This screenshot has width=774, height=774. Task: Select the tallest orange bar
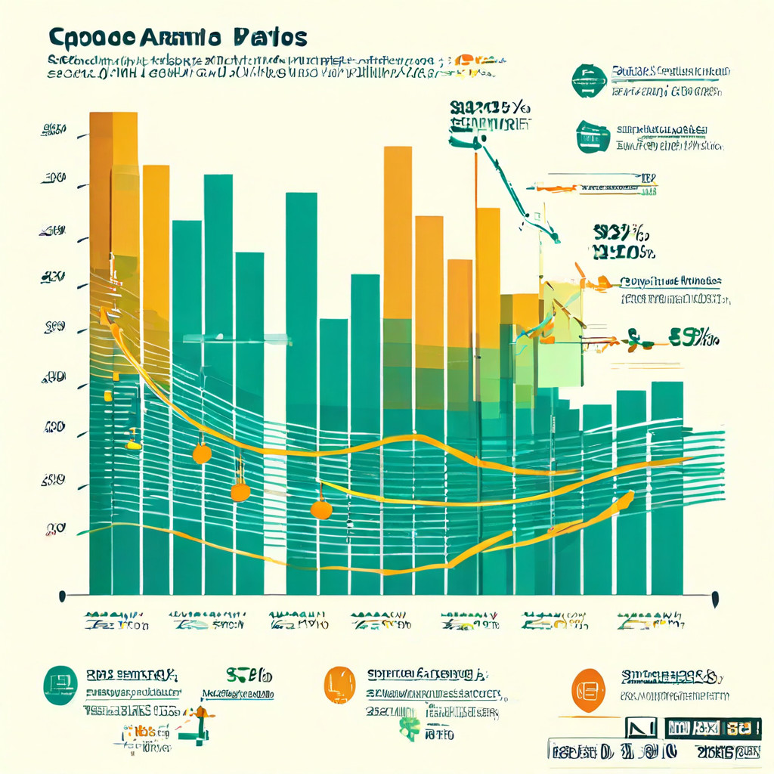point(113,189)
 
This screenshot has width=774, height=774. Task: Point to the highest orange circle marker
point(202,454)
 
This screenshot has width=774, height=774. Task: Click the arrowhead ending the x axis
point(715,599)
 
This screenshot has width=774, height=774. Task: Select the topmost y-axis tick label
point(54,129)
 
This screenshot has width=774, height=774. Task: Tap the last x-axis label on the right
point(651,621)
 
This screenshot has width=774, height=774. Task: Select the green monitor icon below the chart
point(60,685)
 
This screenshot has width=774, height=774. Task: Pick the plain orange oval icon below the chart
point(339,684)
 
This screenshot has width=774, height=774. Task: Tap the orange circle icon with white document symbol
point(588,689)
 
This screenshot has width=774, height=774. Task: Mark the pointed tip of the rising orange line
point(630,495)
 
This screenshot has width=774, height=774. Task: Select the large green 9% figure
point(692,338)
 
